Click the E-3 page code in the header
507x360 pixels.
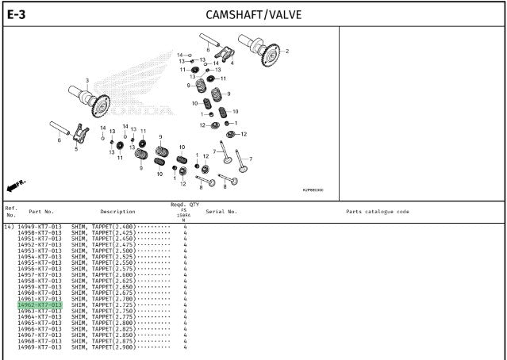(17, 14)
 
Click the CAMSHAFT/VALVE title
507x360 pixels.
(253, 14)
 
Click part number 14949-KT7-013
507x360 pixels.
(40, 227)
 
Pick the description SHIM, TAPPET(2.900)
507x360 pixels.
(104, 347)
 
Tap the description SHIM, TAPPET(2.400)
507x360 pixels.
(104, 227)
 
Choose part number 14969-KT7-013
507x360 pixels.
(40, 347)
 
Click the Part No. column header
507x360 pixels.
(41, 212)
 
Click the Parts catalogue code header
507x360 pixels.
(378, 212)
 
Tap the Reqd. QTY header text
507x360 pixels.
(184, 204)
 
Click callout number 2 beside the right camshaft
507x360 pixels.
(287, 52)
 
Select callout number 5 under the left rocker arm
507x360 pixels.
(76, 148)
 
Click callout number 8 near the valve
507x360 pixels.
(201, 187)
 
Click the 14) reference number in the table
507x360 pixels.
(9, 227)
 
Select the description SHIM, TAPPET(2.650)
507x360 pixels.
(104, 287)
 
